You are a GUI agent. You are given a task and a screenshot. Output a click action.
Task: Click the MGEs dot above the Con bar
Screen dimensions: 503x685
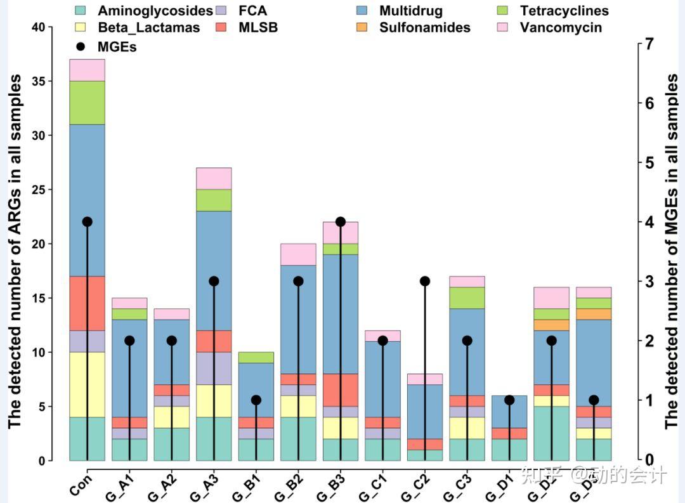coord(87,222)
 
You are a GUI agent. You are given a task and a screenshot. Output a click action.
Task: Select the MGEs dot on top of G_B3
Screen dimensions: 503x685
coord(341,222)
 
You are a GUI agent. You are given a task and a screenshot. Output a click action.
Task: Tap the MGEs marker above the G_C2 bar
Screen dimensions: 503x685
coord(425,281)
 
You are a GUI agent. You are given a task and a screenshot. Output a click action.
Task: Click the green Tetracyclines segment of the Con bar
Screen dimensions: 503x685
coord(87,103)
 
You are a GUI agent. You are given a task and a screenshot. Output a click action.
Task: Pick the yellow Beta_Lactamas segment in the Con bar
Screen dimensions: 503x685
coord(87,384)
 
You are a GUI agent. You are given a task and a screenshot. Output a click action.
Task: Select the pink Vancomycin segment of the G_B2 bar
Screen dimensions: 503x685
coord(298,254)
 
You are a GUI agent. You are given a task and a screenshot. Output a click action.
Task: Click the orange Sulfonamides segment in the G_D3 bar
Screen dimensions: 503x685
coord(594,314)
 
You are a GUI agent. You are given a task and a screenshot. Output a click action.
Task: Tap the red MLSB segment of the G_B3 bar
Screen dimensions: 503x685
coord(341,390)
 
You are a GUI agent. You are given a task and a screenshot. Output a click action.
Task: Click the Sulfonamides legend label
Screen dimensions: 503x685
coord(425,27)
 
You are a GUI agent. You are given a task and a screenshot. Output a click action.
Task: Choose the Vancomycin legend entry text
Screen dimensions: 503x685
coord(561,27)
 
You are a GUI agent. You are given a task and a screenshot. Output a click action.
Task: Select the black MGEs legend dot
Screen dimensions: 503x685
coord(80,46)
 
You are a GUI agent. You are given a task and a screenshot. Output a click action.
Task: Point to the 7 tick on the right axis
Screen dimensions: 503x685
coord(648,44)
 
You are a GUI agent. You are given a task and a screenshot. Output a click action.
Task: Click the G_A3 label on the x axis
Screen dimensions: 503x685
coord(204,485)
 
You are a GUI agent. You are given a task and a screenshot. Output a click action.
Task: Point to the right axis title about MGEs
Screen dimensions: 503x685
coord(672,251)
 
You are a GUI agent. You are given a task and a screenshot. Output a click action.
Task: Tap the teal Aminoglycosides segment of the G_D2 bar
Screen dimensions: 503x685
coord(552,433)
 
